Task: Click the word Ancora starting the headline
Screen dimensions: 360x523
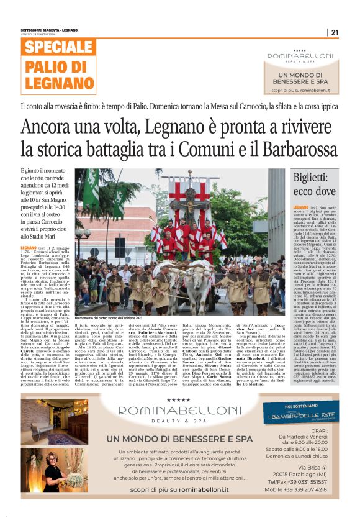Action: click(48, 127)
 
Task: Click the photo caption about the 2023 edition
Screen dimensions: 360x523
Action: click(115, 319)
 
